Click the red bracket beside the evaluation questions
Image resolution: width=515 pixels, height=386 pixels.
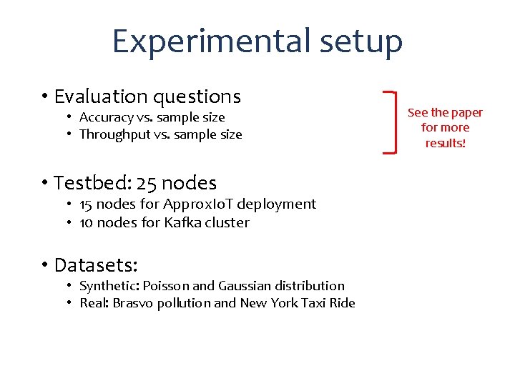391,122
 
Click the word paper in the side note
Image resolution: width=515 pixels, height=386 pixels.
466,112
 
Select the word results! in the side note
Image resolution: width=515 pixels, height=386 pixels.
445,143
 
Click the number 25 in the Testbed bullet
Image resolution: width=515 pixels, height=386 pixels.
149,183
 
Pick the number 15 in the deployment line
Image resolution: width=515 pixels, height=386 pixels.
86,204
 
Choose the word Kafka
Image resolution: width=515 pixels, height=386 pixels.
182,222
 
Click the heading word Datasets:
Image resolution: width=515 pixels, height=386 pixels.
96,265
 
